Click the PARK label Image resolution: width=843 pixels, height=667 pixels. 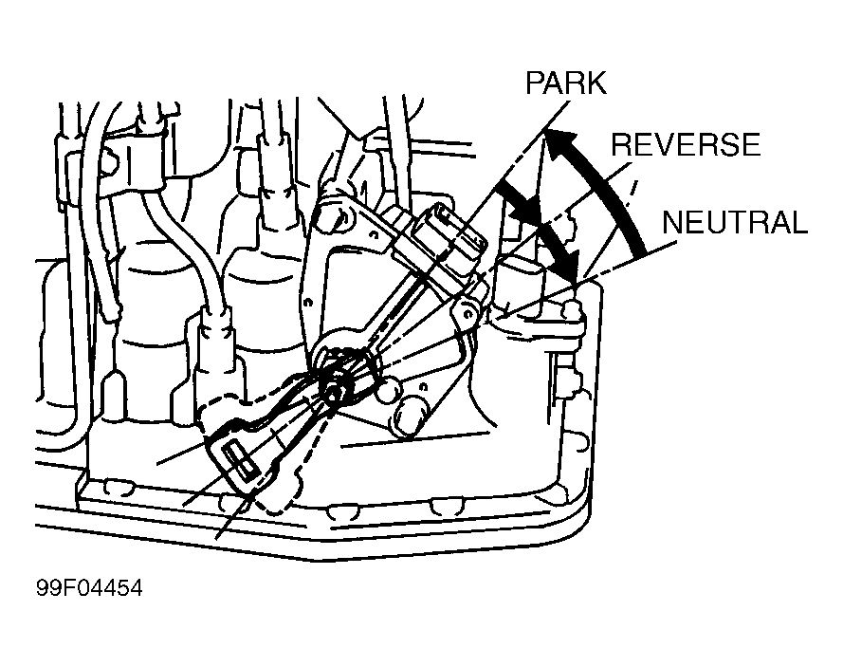point(565,83)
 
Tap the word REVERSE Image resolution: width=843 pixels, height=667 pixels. point(686,144)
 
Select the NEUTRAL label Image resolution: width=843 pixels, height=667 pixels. point(735,222)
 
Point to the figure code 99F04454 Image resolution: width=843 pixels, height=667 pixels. point(89,588)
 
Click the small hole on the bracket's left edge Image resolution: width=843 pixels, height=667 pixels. point(308,303)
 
